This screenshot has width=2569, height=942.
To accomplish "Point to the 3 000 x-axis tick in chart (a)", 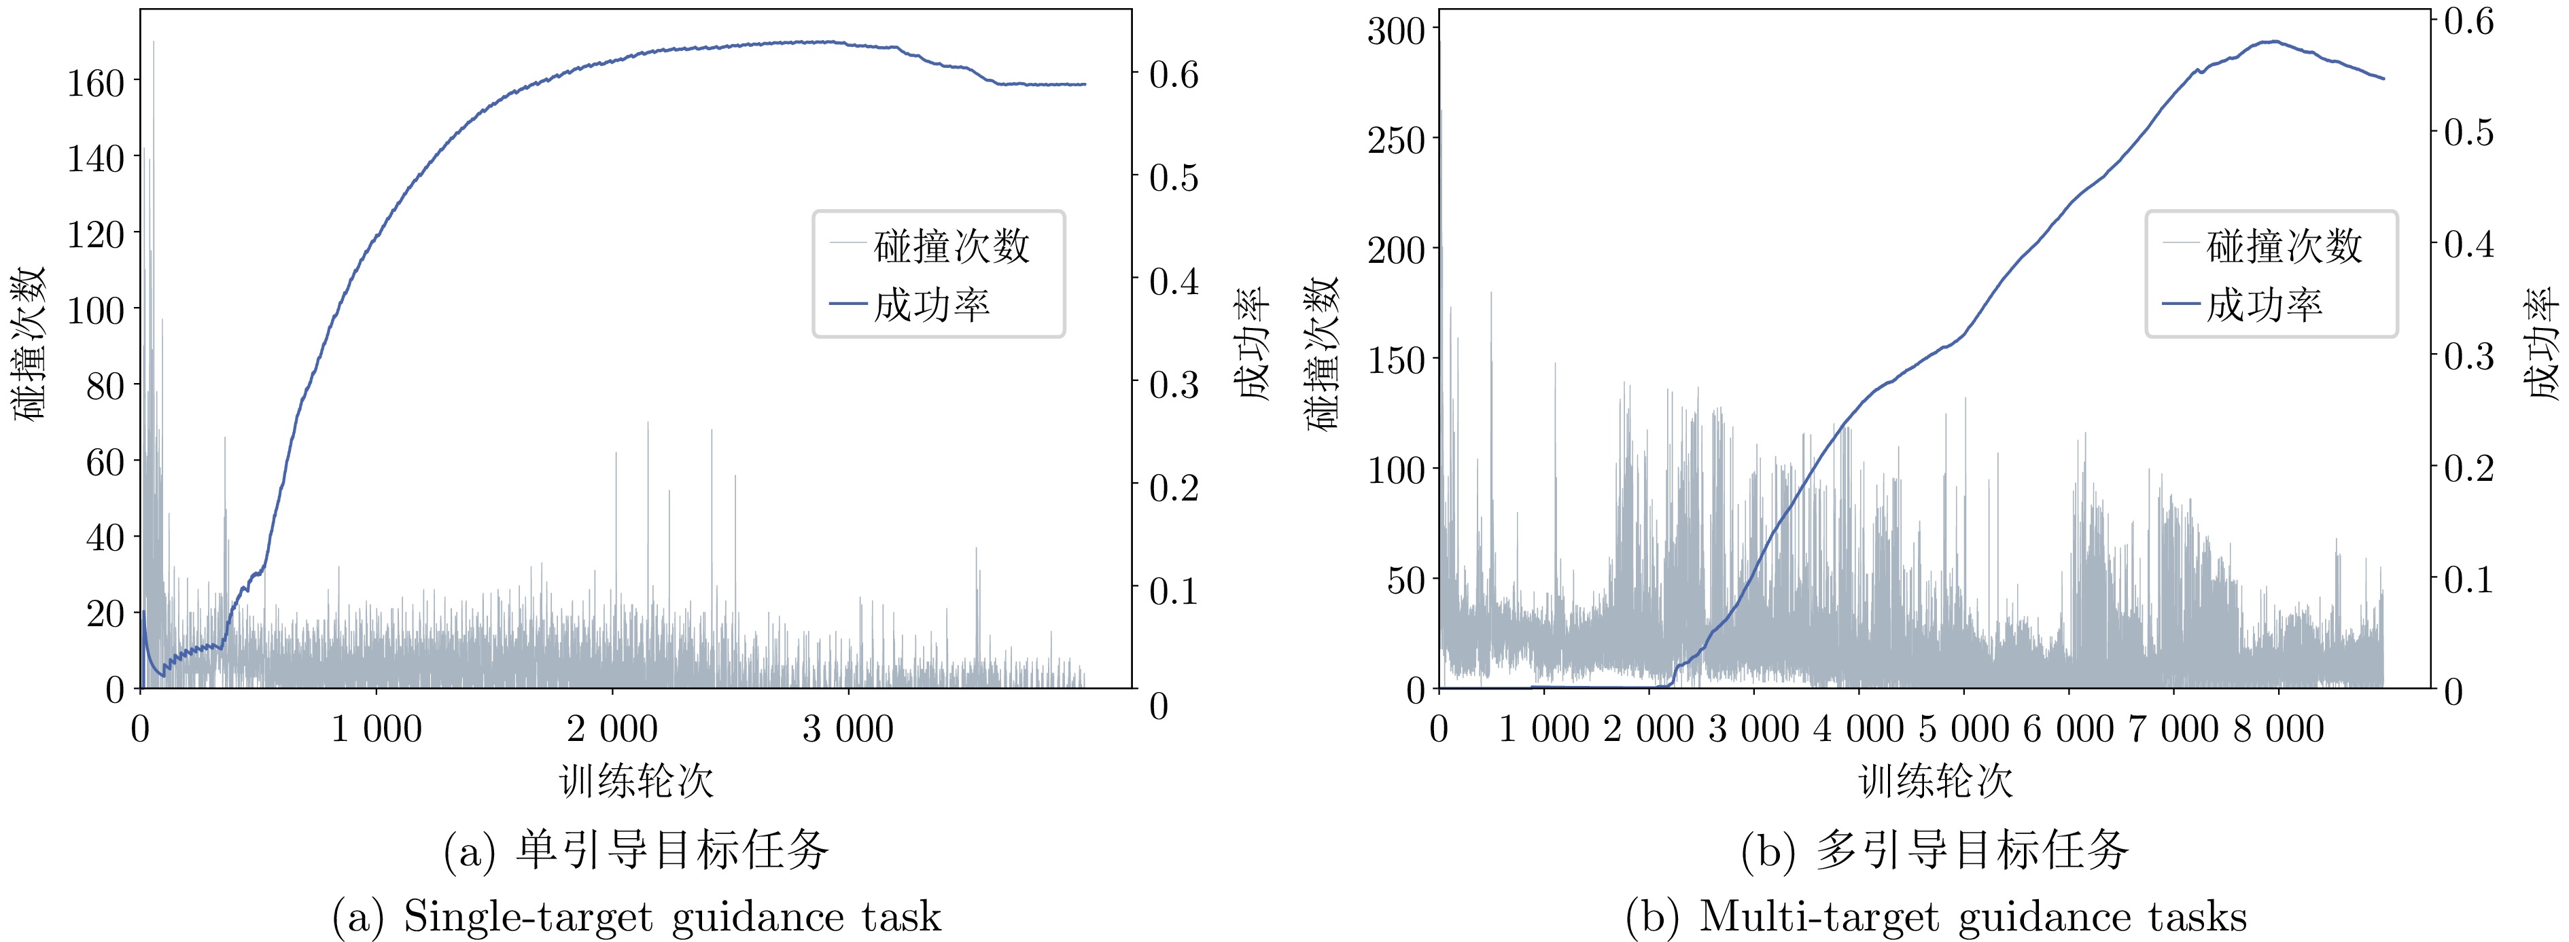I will (x=847, y=729).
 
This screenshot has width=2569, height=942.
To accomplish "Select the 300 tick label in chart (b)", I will (x=1396, y=31).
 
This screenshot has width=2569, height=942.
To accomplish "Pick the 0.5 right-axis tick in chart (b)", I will (x=2468, y=132).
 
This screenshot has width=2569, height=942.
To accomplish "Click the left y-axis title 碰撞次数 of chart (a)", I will (x=30, y=344).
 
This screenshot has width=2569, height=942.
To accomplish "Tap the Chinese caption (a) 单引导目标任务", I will (x=636, y=850).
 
